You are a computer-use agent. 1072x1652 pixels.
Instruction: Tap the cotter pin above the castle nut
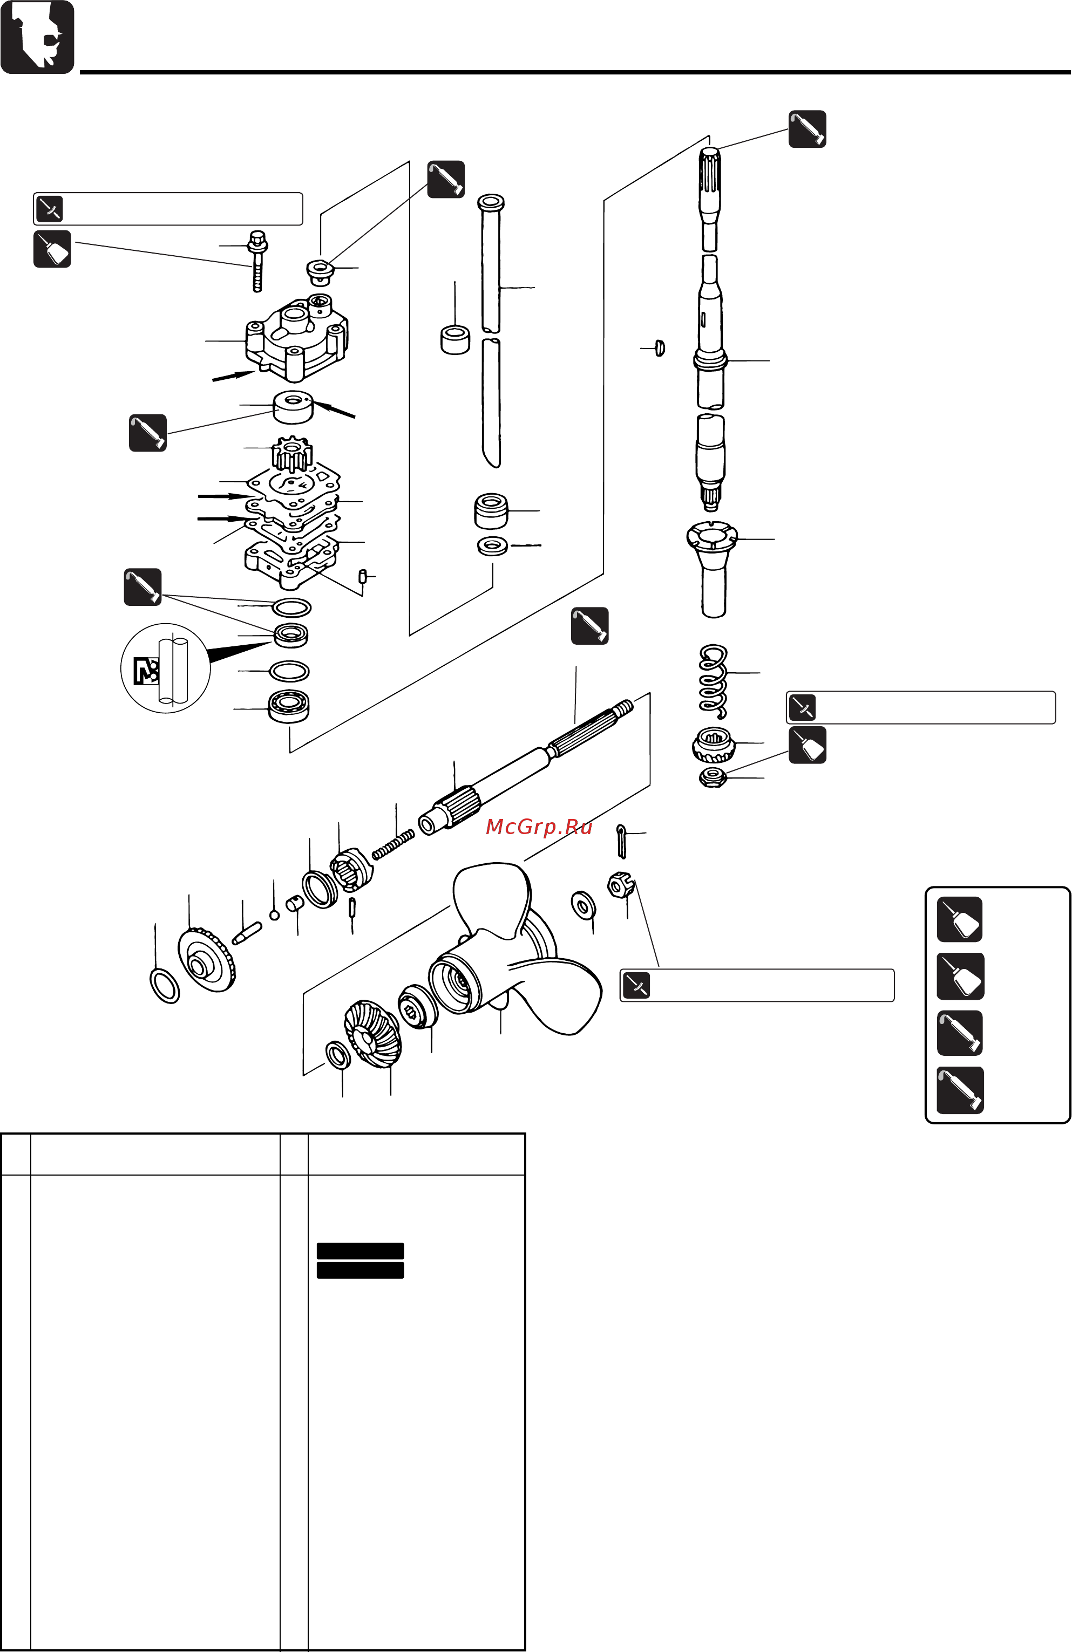click(621, 841)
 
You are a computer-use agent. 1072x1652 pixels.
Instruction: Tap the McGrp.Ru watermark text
click(539, 827)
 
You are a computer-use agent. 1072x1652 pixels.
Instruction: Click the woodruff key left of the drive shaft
click(660, 348)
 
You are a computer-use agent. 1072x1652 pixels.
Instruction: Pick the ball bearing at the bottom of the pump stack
click(289, 707)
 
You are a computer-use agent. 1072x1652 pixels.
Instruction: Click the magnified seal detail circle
click(165, 668)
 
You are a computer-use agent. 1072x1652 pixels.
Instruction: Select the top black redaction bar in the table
click(359, 1251)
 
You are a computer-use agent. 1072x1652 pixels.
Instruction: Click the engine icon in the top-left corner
click(37, 37)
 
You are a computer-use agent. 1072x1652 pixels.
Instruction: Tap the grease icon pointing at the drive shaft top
click(807, 129)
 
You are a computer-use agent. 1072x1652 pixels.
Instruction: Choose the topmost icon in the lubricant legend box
click(960, 919)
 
